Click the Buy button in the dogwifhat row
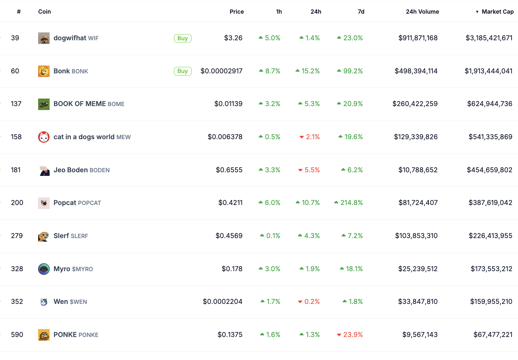183,38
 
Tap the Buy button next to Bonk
183,71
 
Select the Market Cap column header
498,12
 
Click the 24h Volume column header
422,12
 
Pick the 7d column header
361,12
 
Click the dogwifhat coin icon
44,38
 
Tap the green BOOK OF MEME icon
44,104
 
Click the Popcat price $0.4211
230,203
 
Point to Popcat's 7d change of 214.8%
348,203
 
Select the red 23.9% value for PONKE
350,334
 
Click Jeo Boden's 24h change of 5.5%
309,170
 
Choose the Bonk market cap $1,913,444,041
489,71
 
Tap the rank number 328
17,269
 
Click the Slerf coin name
61,236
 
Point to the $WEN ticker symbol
78,302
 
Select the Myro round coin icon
44,269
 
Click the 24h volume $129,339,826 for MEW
416,137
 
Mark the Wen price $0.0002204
223,302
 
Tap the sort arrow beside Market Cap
477,12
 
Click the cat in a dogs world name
84,137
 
